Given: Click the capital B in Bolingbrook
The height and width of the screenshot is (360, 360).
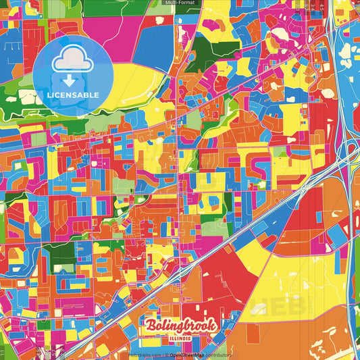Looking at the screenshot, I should tap(150, 326).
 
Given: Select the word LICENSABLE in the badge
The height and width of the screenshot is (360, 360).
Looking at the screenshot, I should tap(73, 94).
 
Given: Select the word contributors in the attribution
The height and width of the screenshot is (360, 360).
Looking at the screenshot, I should tap(217, 354).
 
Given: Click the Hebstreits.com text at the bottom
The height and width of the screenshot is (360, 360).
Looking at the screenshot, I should tap(144, 354).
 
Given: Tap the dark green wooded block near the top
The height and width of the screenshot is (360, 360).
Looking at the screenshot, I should tap(216, 41).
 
